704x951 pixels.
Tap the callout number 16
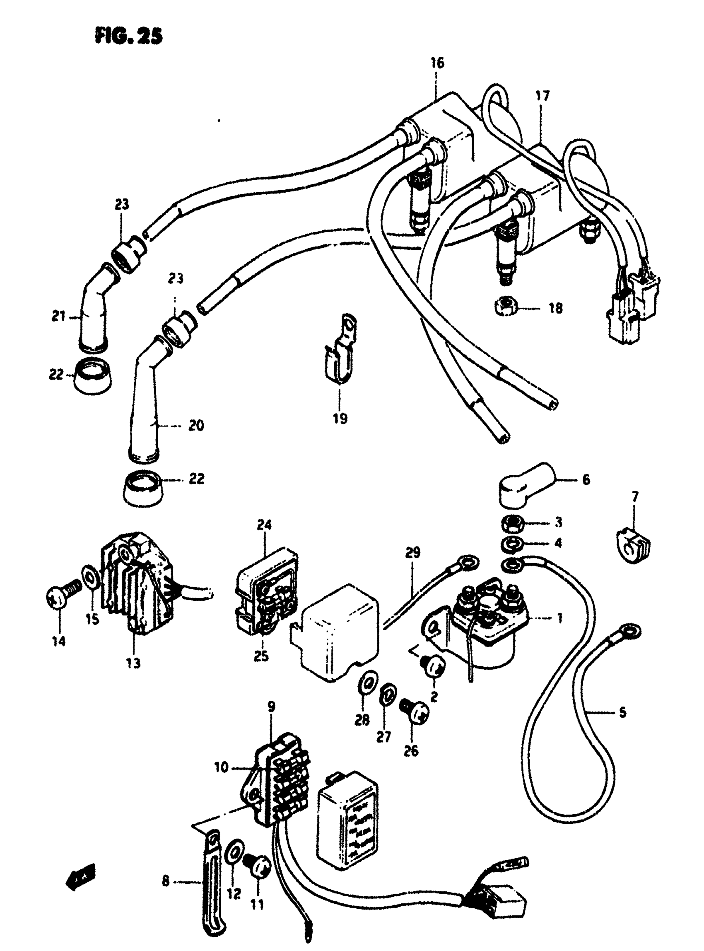(437, 63)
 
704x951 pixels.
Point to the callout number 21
(59, 317)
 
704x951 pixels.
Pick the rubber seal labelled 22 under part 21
(92, 375)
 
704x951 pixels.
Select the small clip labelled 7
(634, 546)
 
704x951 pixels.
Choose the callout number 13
(133, 663)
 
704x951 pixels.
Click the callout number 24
(264, 525)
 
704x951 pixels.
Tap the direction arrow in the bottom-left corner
(80, 876)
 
